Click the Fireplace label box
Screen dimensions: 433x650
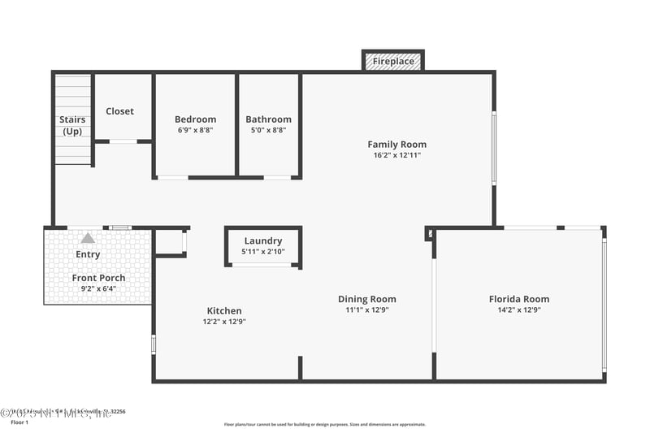coord(393,61)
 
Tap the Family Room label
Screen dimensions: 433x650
coord(397,145)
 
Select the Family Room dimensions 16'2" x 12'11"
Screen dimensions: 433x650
coord(397,155)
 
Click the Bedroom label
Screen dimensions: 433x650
coord(195,119)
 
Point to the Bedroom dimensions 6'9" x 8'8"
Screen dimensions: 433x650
coord(195,130)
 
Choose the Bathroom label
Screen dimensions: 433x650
coord(268,119)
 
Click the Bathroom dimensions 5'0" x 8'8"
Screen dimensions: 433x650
coord(268,130)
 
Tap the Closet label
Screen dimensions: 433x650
coord(120,111)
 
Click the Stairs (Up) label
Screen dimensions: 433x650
coord(72,125)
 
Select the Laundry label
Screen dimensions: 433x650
coord(263,240)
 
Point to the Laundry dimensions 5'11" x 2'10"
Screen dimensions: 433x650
coord(263,251)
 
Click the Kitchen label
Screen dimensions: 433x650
coord(224,310)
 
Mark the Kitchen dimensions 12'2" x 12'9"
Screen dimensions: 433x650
coord(224,322)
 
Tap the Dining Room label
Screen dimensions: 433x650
coord(367,299)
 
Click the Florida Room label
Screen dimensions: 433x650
coord(519,299)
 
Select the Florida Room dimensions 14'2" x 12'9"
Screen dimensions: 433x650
coord(519,310)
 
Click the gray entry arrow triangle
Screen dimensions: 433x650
coord(88,238)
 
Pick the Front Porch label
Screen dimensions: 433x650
coord(99,278)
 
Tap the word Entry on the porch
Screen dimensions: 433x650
coord(88,254)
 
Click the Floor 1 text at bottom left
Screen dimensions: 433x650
coord(19,422)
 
